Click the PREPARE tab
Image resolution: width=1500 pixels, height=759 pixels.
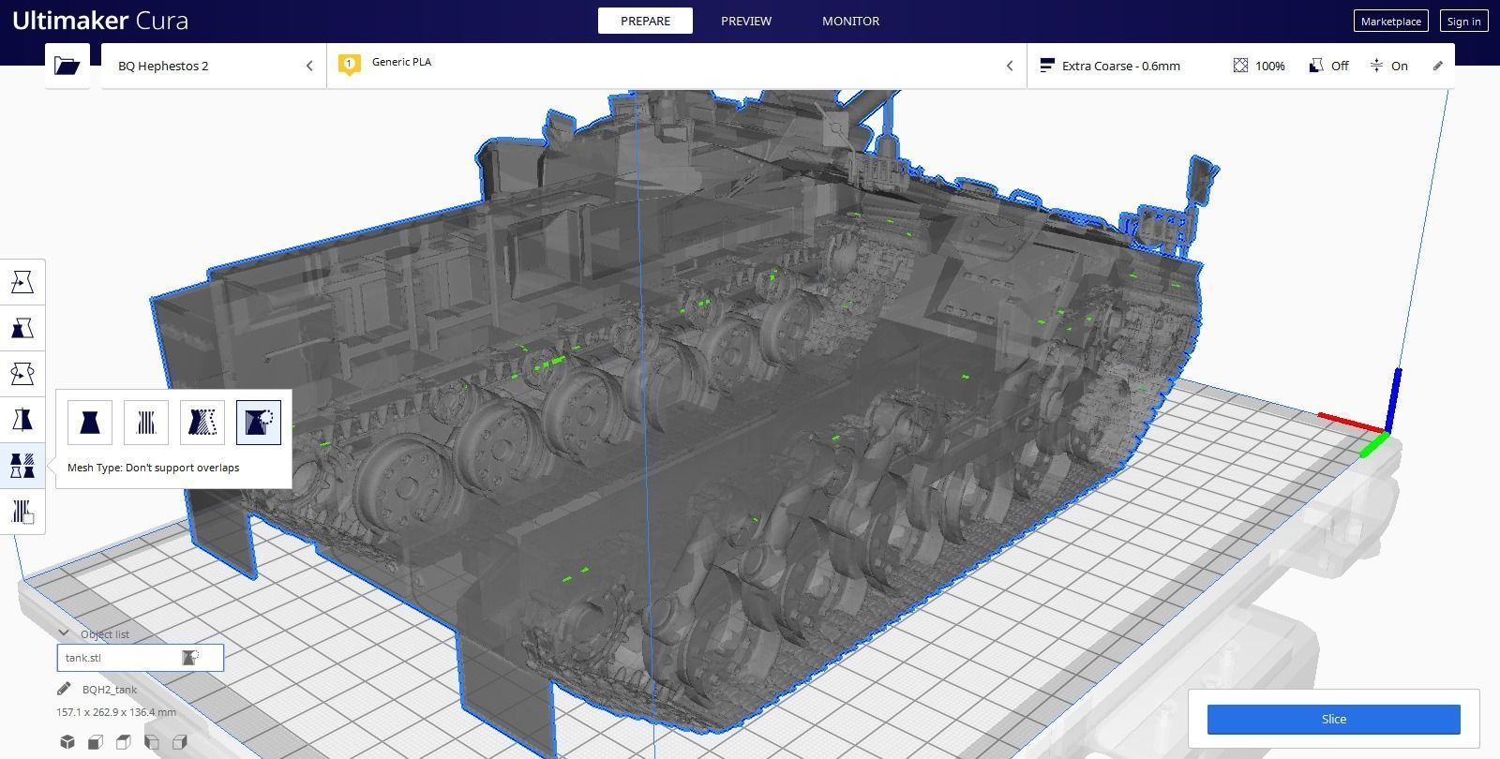click(x=645, y=21)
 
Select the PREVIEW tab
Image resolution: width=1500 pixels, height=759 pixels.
click(x=746, y=21)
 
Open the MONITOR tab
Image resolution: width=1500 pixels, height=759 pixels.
click(x=850, y=21)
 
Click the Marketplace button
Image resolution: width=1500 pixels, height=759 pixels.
click(x=1391, y=22)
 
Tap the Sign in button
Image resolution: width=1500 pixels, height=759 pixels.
click(x=1463, y=22)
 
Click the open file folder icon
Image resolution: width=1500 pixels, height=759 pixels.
click(x=67, y=66)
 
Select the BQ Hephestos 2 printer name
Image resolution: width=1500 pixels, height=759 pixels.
click(x=163, y=66)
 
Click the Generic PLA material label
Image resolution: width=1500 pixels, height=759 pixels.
click(x=401, y=62)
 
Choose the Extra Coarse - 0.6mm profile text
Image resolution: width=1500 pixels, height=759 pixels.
click(x=1120, y=66)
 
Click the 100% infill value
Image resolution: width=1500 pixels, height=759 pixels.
click(x=1269, y=66)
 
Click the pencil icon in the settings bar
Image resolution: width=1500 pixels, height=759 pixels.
click(x=1437, y=66)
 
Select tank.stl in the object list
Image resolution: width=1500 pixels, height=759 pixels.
click(x=83, y=658)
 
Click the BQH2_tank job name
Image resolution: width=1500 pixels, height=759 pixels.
click(x=110, y=690)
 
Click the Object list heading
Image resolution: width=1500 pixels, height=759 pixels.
click(x=104, y=634)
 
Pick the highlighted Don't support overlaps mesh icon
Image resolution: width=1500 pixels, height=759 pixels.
click(x=259, y=423)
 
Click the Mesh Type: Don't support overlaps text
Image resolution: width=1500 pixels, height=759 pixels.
click(x=153, y=468)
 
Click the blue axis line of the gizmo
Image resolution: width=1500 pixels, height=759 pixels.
click(x=1395, y=398)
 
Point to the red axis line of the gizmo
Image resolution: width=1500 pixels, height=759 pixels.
click(x=1350, y=423)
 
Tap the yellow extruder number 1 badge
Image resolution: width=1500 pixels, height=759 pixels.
click(x=349, y=64)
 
